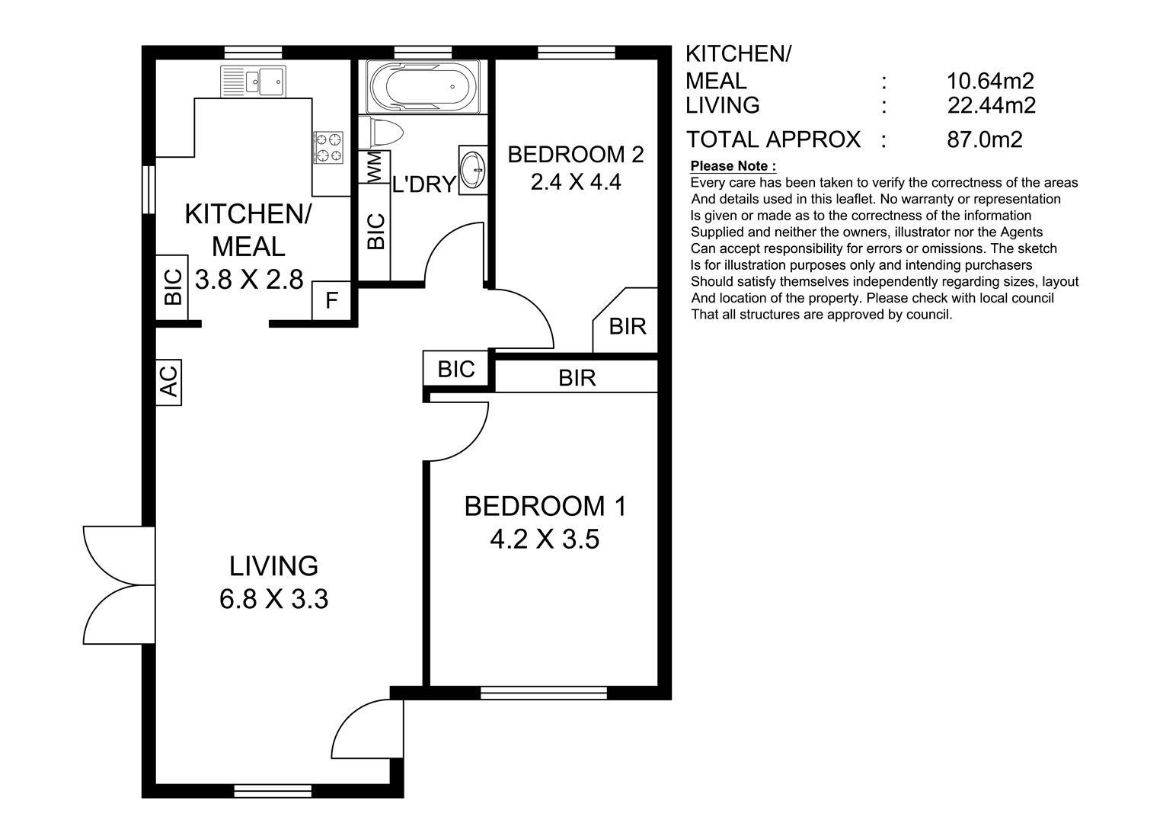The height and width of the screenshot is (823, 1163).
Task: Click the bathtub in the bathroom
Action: [423, 85]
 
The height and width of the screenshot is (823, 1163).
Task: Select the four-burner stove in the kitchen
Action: [328, 148]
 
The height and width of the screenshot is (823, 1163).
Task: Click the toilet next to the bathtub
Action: [382, 133]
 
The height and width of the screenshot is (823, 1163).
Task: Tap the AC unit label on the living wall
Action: [169, 382]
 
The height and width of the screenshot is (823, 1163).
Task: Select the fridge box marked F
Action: [331, 301]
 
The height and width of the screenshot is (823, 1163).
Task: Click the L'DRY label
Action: [423, 184]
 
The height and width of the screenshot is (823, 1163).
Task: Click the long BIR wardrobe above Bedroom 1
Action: [577, 377]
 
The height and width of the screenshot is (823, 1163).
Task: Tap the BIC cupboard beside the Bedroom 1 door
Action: [456, 370]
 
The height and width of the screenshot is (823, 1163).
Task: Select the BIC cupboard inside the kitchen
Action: [173, 287]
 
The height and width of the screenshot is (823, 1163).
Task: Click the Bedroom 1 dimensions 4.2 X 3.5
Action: [545, 540]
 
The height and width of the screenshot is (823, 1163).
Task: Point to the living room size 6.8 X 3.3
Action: [273, 600]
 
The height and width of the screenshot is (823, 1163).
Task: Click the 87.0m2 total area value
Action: [984, 139]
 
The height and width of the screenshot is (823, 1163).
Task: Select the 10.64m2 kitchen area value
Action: [990, 81]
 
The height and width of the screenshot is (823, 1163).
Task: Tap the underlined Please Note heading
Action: [733, 166]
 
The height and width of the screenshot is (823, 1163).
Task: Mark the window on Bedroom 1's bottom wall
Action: [544, 693]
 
